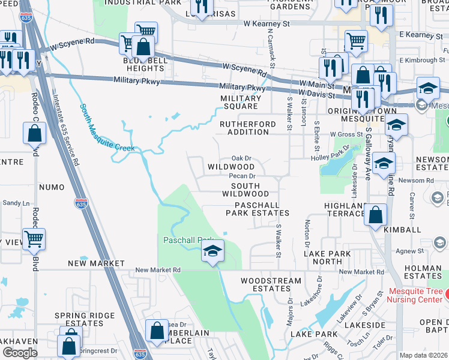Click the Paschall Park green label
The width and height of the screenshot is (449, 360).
188,240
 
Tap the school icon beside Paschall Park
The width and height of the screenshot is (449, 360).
212,252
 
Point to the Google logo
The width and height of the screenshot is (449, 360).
20,353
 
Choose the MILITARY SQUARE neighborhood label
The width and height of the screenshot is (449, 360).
239,102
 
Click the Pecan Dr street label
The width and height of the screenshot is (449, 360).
243,176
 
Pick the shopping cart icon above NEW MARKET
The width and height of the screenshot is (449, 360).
34,239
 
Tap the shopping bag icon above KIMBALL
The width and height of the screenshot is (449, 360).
375,215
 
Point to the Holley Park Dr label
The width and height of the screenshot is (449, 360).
331,156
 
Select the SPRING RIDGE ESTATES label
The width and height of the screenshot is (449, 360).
79,319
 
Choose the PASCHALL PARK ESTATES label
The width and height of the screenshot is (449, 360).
258,209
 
